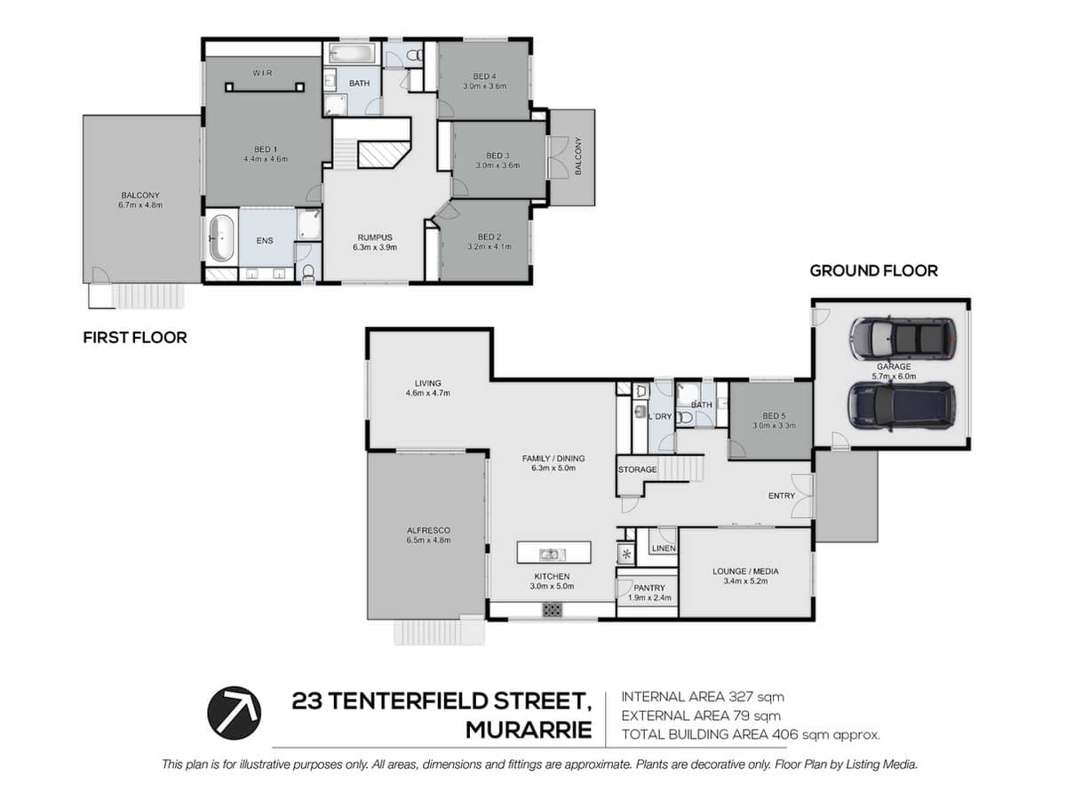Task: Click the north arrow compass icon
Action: point(235,712)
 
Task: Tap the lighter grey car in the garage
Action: point(903,338)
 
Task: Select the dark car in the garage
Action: point(902,405)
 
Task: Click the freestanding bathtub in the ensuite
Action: point(222,238)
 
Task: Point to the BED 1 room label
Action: point(266,149)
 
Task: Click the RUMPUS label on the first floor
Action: point(375,237)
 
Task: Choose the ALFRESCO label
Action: point(428,531)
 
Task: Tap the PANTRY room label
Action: point(649,588)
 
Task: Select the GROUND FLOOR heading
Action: point(873,270)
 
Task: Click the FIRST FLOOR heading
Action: point(135,337)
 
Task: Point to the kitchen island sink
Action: point(553,553)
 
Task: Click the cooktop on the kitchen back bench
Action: point(553,610)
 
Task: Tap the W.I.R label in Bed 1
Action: point(262,74)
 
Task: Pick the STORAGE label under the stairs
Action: point(637,469)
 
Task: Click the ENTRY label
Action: point(782,495)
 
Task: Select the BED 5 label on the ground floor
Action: point(774,416)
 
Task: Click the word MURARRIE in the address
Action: point(529,730)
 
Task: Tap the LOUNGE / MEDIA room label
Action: point(745,572)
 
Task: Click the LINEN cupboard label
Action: point(664,548)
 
